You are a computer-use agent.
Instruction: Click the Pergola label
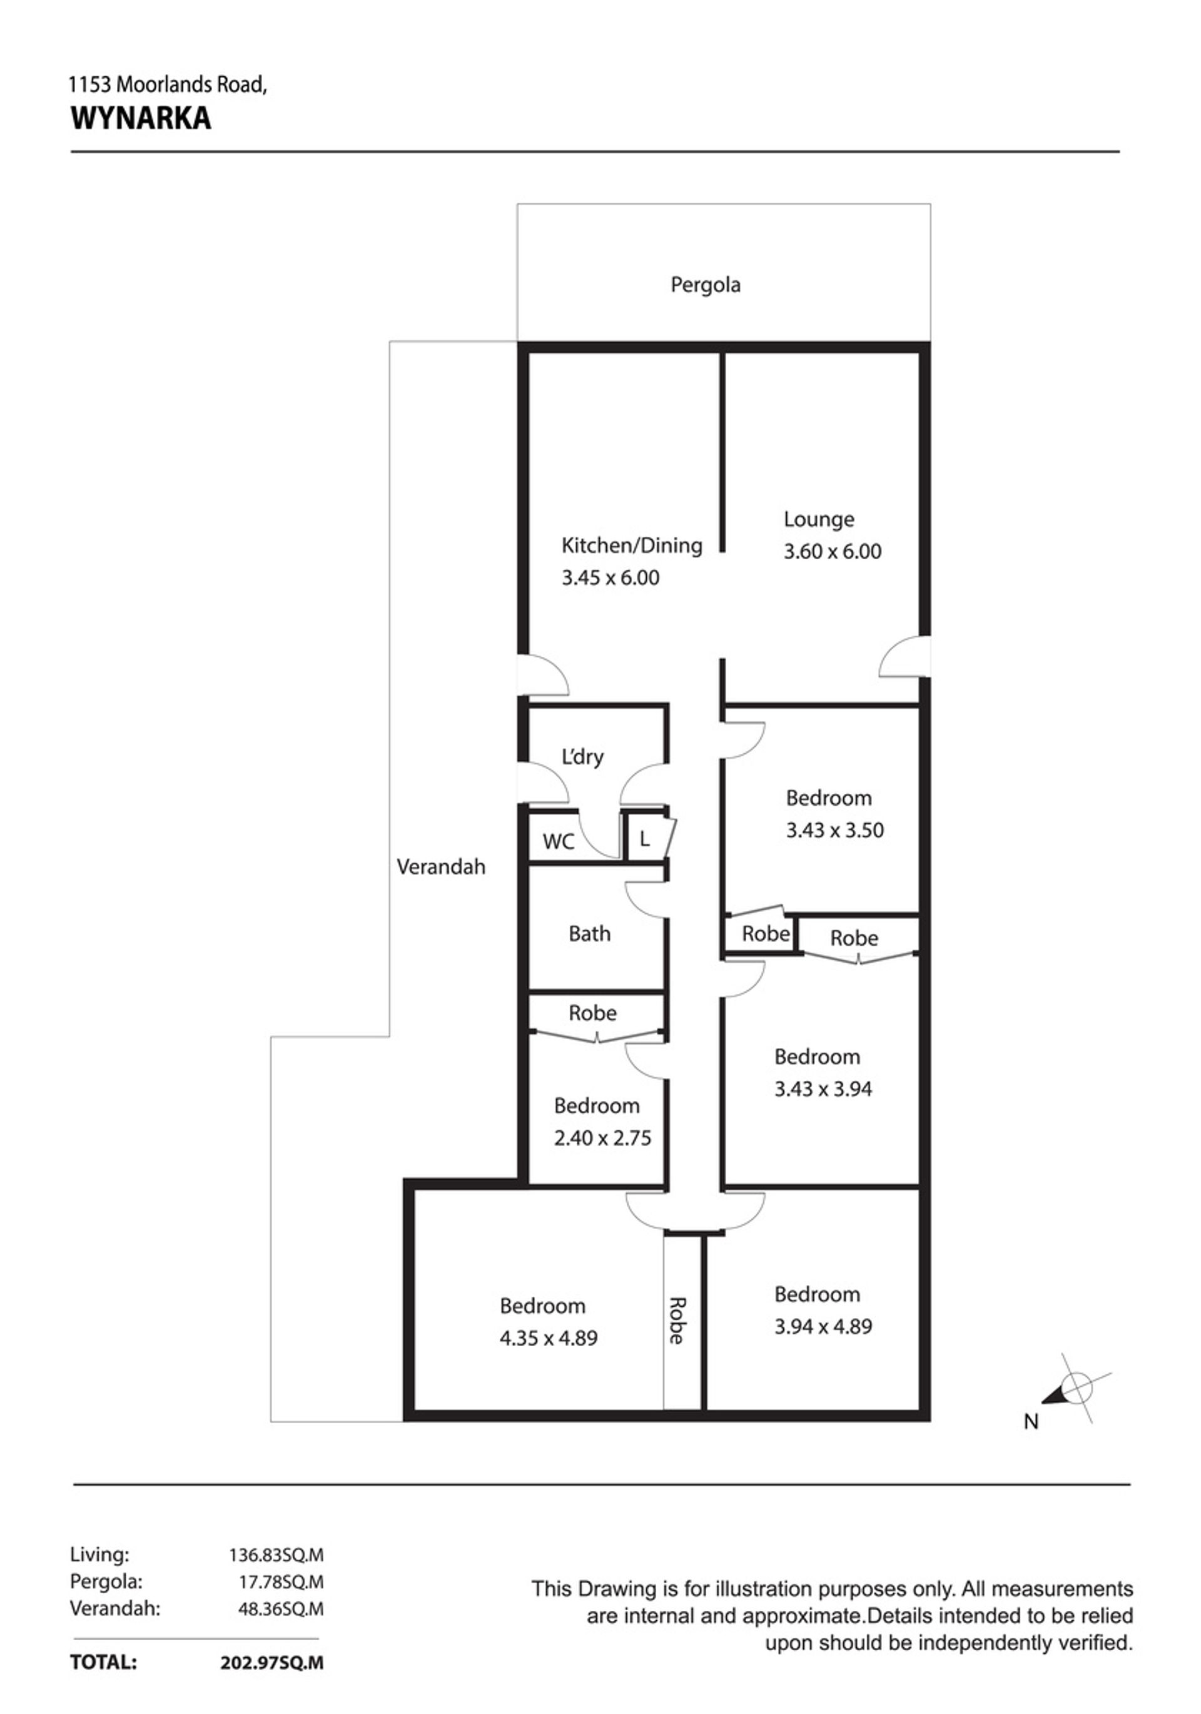pyautogui.click(x=706, y=286)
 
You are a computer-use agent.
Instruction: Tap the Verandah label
pyautogui.click(x=440, y=867)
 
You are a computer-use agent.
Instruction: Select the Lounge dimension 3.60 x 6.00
pyautogui.click(x=833, y=552)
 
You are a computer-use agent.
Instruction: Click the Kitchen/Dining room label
pyautogui.click(x=632, y=545)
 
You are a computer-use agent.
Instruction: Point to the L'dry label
pyautogui.click(x=582, y=757)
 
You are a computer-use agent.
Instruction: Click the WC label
pyautogui.click(x=559, y=842)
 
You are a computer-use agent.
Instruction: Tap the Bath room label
pyautogui.click(x=589, y=934)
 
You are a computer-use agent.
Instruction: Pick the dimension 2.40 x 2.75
pyautogui.click(x=602, y=1138)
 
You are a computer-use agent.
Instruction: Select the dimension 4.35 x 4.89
pyautogui.click(x=549, y=1339)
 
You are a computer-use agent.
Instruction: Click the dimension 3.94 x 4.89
pyautogui.click(x=823, y=1327)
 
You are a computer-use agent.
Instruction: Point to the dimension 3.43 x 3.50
pyautogui.click(x=834, y=830)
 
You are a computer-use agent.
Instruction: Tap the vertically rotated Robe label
pyautogui.click(x=677, y=1321)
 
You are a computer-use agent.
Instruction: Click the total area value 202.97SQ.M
pyautogui.click(x=273, y=1663)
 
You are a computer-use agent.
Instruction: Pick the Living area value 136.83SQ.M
pyautogui.click(x=276, y=1555)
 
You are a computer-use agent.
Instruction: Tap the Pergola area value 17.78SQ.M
pyautogui.click(x=281, y=1582)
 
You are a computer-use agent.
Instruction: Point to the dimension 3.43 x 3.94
pyautogui.click(x=823, y=1089)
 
